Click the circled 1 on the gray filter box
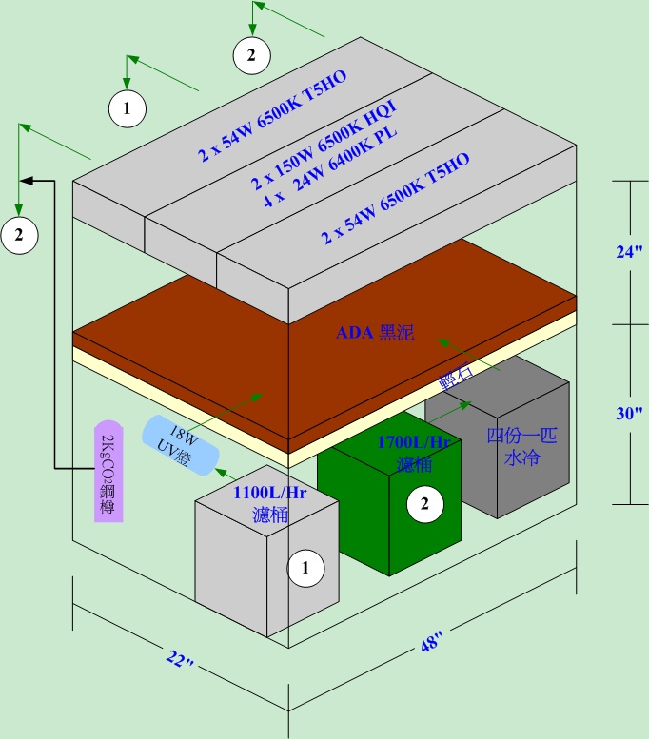306,568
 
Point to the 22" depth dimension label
179,661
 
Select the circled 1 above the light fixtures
127,108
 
